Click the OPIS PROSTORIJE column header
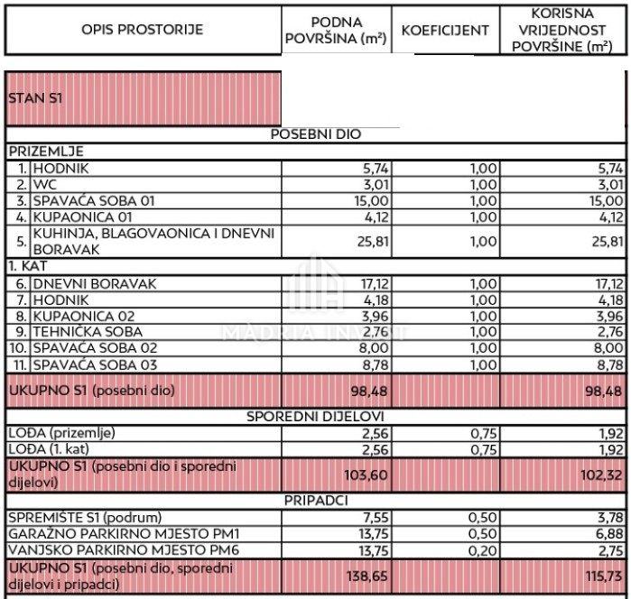pyautogui.click(x=143, y=30)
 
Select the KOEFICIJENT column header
pyautogui.click(x=445, y=30)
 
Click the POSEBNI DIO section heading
pyautogui.click(x=316, y=134)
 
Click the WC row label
pyautogui.click(x=44, y=184)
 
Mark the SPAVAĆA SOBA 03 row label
pyautogui.click(x=94, y=364)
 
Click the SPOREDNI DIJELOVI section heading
pyautogui.click(x=316, y=416)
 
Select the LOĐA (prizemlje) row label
pyautogui.click(x=61, y=432)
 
